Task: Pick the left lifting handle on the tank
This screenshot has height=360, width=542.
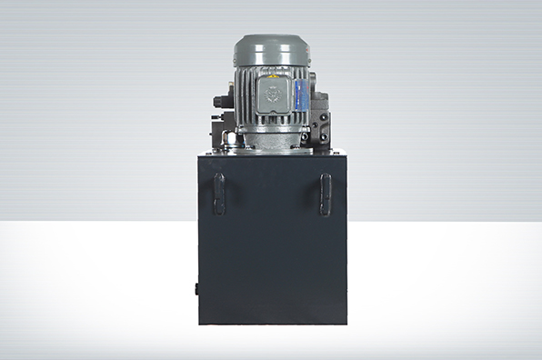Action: point(218,194)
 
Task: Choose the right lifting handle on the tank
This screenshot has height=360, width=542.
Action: point(325,194)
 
